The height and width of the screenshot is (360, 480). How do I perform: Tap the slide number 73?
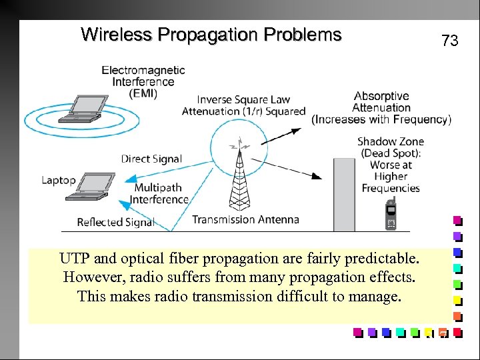click(450, 41)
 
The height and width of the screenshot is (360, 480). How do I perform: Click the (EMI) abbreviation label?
click(143, 94)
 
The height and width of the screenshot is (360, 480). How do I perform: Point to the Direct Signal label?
click(151, 159)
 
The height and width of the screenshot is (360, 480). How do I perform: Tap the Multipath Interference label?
click(159, 194)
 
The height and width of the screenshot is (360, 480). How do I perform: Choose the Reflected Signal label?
click(115, 222)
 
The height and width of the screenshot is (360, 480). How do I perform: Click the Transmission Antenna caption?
click(245, 219)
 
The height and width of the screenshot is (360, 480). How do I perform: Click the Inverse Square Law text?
click(243, 100)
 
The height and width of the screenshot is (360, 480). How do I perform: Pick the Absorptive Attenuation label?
click(381, 102)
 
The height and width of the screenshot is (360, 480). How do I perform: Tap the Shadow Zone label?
click(391, 141)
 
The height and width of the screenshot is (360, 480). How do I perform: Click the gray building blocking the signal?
click(343, 193)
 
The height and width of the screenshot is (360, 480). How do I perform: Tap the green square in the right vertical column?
click(457, 283)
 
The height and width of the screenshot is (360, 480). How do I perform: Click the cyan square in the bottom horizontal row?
click(399, 331)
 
